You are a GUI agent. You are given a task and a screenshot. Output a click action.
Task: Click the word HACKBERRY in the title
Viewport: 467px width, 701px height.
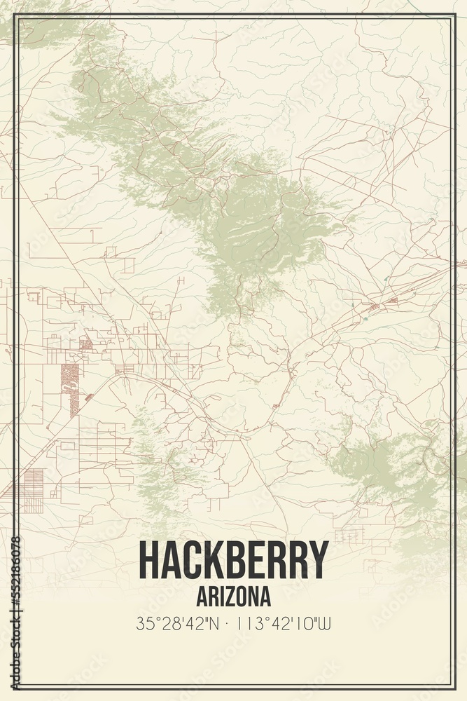(x=233, y=559)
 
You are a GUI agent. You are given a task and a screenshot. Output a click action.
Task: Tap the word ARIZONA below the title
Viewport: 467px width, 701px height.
(x=233, y=597)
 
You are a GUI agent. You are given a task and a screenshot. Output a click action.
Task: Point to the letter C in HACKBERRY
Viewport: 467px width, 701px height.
(x=192, y=559)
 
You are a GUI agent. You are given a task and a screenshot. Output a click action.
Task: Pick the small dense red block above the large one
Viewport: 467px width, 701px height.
(x=85, y=344)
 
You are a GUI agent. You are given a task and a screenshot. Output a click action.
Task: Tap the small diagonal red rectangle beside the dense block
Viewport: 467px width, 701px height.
(x=90, y=397)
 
